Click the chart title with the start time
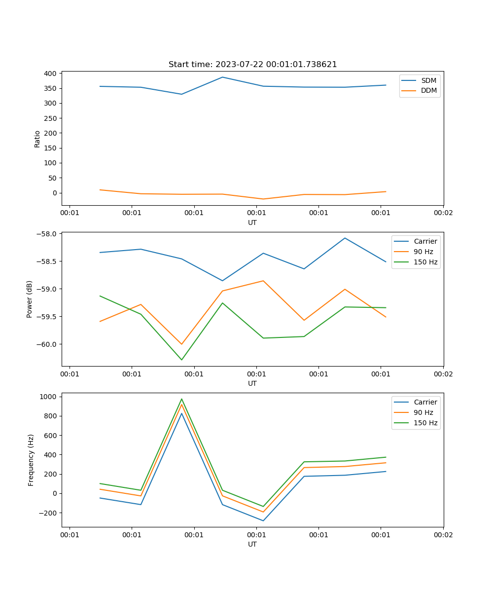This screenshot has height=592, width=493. (x=252, y=65)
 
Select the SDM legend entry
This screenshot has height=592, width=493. (x=428, y=80)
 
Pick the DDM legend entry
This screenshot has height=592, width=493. (x=428, y=90)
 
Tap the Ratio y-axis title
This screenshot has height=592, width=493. (x=37, y=139)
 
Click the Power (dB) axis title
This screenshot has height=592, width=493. (x=30, y=299)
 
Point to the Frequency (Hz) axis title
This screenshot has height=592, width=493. (x=31, y=460)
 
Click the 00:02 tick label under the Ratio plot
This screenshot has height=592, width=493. (x=443, y=213)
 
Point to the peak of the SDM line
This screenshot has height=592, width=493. (x=222, y=77)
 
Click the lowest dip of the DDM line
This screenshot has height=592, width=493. (x=263, y=199)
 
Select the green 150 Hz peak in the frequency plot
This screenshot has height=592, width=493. (x=181, y=399)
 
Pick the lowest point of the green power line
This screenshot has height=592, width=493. (x=181, y=360)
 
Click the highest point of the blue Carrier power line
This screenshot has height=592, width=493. (x=345, y=238)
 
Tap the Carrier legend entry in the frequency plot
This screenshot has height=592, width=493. (x=424, y=402)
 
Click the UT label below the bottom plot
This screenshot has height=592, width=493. (x=252, y=544)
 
